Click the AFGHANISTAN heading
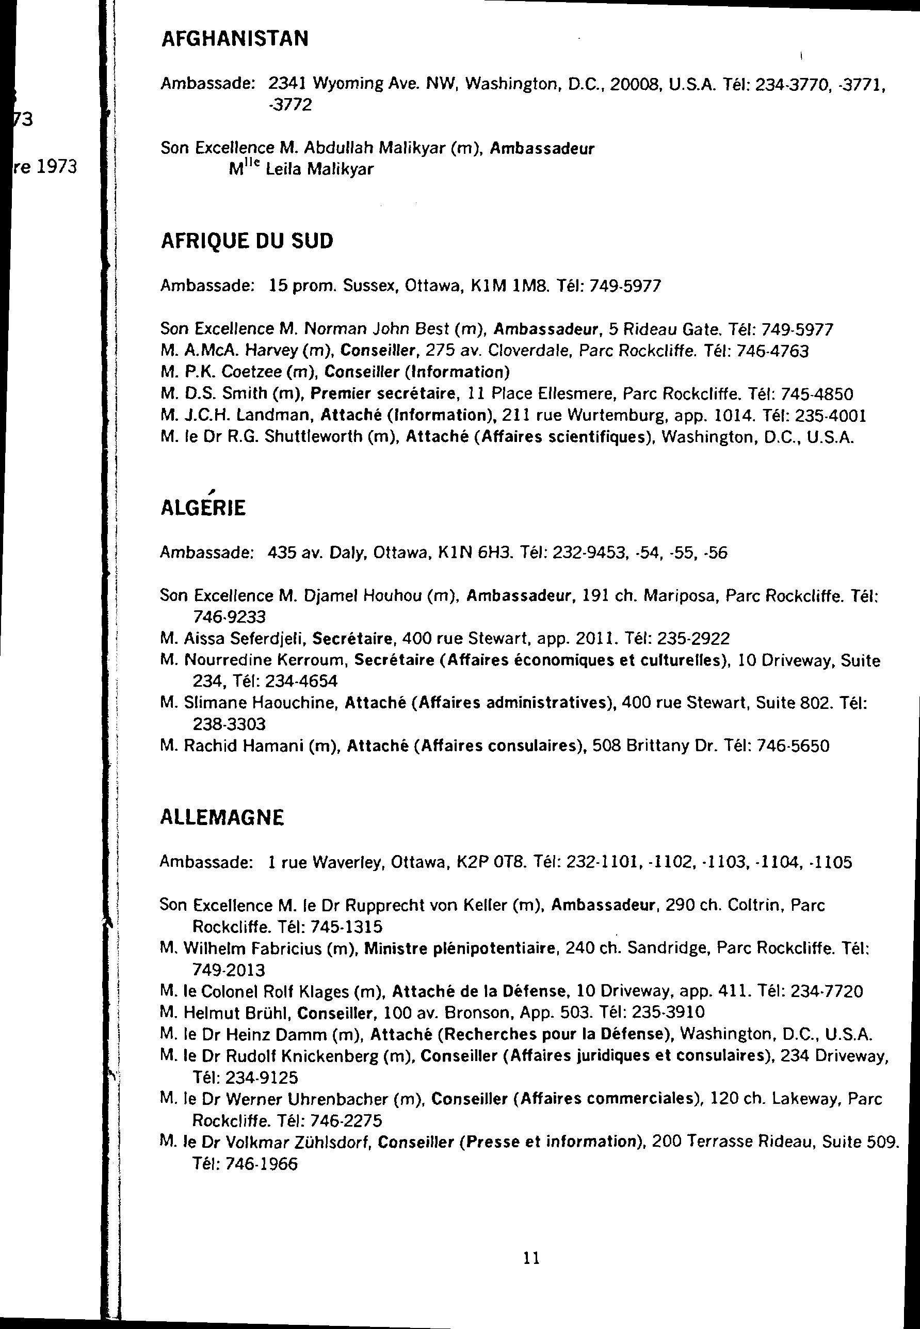tap(234, 39)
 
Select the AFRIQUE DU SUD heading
tap(246, 241)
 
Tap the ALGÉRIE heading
tap(202, 508)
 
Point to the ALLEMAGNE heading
tap(221, 817)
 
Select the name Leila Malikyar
tap(319, 169)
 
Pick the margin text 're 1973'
tap(46, 167)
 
